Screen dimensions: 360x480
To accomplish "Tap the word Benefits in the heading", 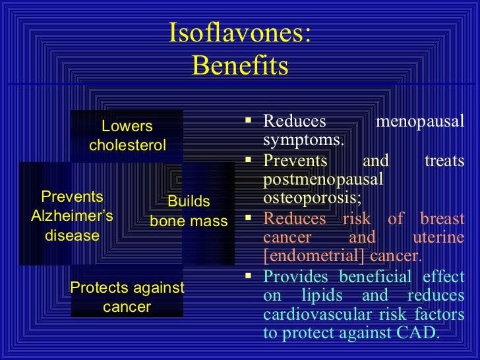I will [x=240, y=66].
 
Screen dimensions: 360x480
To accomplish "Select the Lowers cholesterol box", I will [x=127, y=135].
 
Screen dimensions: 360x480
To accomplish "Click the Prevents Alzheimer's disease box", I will [x=71, y=216].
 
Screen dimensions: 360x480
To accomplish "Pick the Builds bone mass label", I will [x=189, y=212].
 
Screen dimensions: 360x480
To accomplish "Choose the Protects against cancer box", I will [x=127, y=297].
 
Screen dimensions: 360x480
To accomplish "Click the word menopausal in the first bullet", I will [x=419, y=122].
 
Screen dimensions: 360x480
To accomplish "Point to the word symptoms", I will [x=303, y=140].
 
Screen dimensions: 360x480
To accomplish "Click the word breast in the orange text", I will [x=442, y=220].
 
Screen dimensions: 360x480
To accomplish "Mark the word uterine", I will [x=438, y=237].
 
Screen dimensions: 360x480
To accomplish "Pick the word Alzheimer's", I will [x=72, y=216].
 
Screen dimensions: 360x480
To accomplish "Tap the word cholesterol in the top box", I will [x=127, y=145].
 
